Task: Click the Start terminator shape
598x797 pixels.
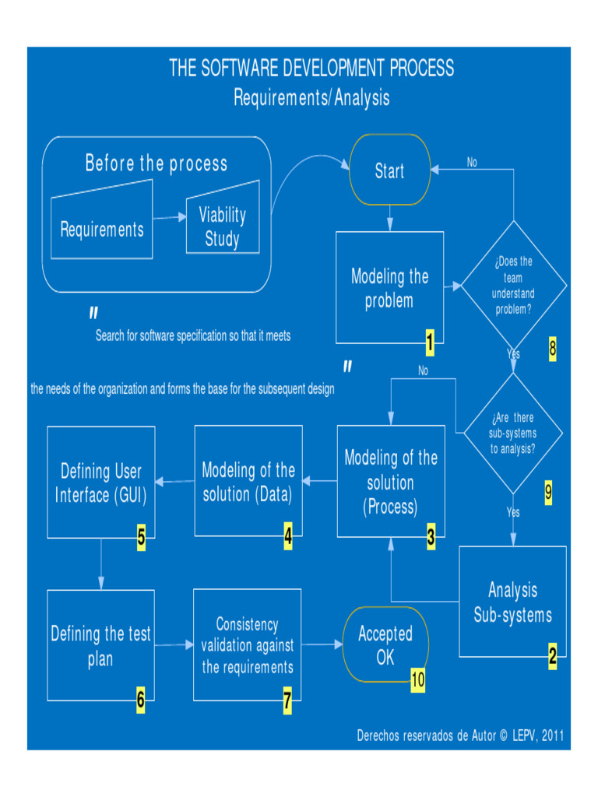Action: click(389, 170)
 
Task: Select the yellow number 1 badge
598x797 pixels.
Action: click(429, 339)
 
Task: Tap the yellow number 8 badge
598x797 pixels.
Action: click(553, 349)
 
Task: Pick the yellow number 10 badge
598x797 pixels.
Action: click(418, 679)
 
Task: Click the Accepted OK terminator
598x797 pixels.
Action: click(385, 645)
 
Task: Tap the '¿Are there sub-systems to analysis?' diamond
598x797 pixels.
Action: click(513, 433)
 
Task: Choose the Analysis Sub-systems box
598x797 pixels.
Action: click(512, 602)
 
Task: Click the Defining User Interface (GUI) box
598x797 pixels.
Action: click(101, 482)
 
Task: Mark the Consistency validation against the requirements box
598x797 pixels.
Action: click(248, 645)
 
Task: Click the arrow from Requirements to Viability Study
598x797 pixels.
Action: click(169, 219)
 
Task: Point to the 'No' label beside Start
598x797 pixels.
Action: click(472, 163)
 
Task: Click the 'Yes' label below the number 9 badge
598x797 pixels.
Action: click(513, 513)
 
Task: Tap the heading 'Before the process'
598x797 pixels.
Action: click(157, 163)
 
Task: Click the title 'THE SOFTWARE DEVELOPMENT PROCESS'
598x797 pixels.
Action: click(311, 68)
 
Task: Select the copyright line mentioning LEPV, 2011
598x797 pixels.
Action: click(460, 735)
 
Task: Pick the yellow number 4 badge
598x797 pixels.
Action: click(288, 536)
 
